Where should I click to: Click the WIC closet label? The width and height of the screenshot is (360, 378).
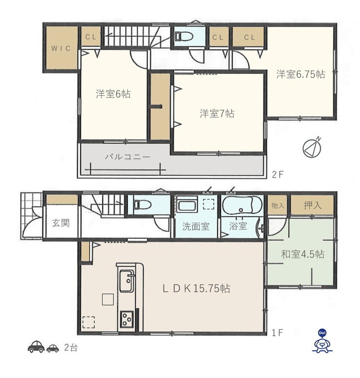(61, 48)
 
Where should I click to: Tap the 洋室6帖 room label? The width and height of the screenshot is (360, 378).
(113, 94)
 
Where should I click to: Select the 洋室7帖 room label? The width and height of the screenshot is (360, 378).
(217, 113)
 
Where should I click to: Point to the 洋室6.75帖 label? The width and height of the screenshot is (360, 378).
(301, 74)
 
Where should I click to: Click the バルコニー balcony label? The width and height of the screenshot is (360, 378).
(127, 157)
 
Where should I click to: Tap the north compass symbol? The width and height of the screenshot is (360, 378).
(312, 148)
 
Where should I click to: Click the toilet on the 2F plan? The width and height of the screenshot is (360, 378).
(184, 36)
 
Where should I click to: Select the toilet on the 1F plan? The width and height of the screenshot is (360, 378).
(143, 205)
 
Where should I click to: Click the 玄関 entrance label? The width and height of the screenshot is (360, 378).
(61, 223)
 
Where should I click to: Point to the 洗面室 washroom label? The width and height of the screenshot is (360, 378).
(196, 226)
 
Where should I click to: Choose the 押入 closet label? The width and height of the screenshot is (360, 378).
(312, 205)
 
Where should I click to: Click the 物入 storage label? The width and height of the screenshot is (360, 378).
(277, 206)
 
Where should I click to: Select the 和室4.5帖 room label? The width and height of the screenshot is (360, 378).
(303, 254)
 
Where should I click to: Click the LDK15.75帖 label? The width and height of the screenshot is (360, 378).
(196, 288)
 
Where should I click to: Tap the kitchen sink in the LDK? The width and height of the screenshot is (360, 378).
(126, 281)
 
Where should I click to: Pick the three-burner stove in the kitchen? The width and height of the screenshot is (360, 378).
(127, 319)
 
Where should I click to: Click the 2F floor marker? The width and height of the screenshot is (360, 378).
(277, 174)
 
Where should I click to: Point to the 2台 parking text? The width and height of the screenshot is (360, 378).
(71, 348)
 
